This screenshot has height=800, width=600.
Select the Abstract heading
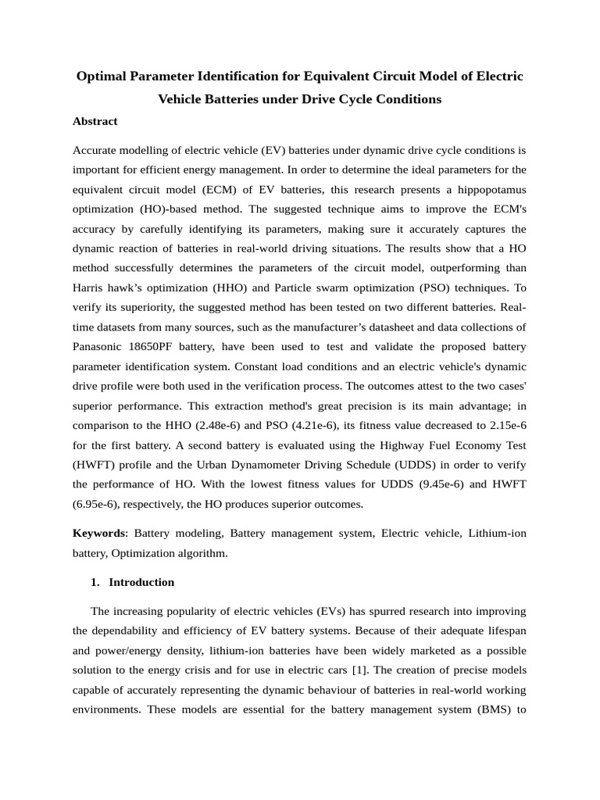tap(95, 121)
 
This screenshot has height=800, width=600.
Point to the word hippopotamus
tap(484, 190)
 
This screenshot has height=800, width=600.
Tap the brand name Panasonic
tap(98, 346)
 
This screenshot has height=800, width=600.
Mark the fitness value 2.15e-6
tap(499, 426)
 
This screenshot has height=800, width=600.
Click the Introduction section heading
tap(141, 582)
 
